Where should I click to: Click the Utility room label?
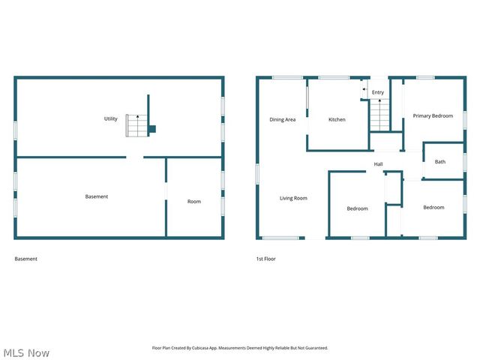pyautogui.click(x=110, y=118)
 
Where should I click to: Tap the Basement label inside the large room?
pyautogui.click(x=96, y=196)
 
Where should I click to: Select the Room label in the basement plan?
pyautogui.click(x=193, y=201)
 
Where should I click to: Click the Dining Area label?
pyautogui.click(x=282, y=119)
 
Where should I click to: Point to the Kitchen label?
pyautogui.click(x=337, y=119)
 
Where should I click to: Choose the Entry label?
pyautogui.click(x=378, y=92)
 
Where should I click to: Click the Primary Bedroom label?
pyautogui.click(x=433, y=115)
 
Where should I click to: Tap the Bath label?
pyautogui.click(x=439, y=161)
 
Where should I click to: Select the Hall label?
pyautogui.click(x=379, y=164)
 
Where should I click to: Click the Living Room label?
pyautogui.click(x=293, y=198)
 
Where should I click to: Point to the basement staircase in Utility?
pyautogui.click(x=136, y=125)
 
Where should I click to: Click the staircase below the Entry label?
pyautogui.click(x=380, y=115)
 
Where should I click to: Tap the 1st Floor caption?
pyautogui.click(x=265, y=259)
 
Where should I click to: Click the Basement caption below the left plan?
pyautogui.click(x=25, y=259)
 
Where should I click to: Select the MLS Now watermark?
pyautogui.click(x=26, y=352)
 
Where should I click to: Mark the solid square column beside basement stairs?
pyautogui.click(x=151, y=129)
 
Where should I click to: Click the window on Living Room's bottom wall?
pyautogui.click(x=280, y=238)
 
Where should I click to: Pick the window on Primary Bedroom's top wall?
pyautogui.click(x=425, y=77)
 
